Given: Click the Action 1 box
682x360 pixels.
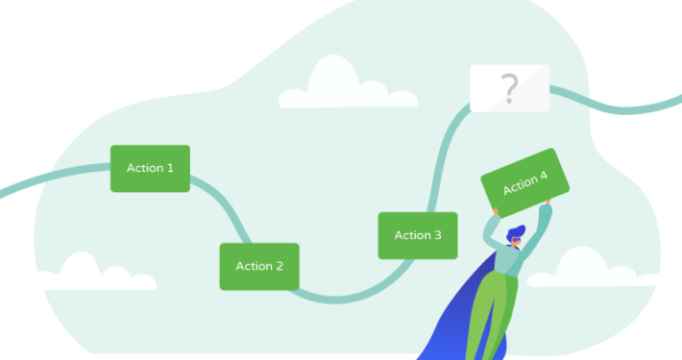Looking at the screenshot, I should coord(150,168).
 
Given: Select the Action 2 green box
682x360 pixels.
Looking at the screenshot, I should coord(259,266).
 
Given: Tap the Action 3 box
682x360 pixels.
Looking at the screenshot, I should coord(418,235).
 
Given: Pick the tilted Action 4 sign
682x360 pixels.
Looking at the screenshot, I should coord(520,181).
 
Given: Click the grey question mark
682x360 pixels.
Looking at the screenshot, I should coord(509,88).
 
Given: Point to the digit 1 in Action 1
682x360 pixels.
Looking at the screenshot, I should coord(170,168).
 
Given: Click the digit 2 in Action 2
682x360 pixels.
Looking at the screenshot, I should coord(280,266).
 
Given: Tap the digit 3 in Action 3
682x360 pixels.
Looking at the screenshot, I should coord(438,235).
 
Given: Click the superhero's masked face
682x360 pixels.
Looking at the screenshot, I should coord(517,240).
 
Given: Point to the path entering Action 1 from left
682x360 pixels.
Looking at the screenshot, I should coord(58,177).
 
